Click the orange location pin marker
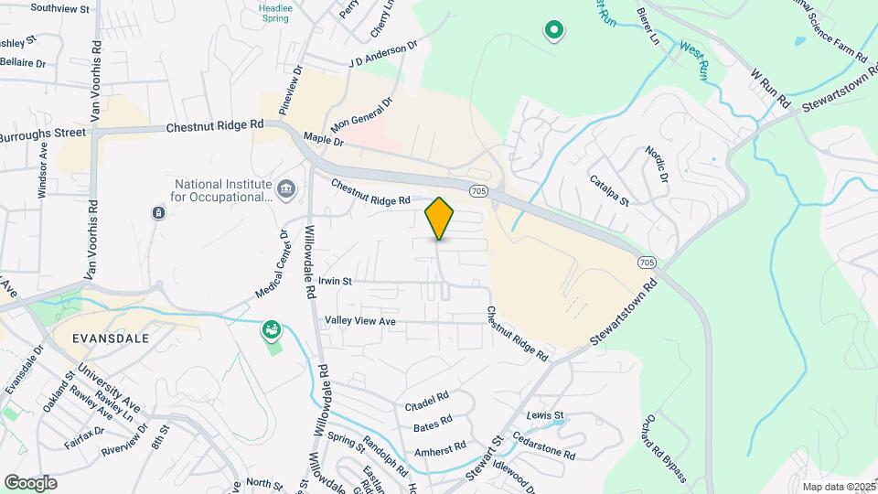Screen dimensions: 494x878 tap(439, 218)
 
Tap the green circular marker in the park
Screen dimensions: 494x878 tap(553, 31)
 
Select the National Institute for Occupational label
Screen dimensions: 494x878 tap(223, 190)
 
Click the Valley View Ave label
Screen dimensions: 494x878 tap(360, 321)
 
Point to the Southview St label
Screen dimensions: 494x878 tap(60, 8)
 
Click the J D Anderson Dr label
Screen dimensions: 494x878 tap(382, 55)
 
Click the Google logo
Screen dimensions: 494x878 tap(30, 483)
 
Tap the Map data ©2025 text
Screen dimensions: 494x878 tap(837, 487)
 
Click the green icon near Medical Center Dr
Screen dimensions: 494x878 tap(271, 328)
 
